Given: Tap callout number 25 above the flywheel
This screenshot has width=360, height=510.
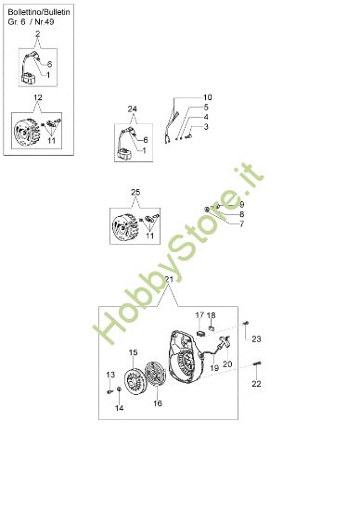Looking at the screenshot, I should [x=135, y=192].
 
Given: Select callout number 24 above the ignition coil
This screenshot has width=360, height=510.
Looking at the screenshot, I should [x=133, y=109].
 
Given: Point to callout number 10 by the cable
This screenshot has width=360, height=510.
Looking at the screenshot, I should [x=207, y=97].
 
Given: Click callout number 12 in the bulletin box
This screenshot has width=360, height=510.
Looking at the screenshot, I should [x=38, y=97].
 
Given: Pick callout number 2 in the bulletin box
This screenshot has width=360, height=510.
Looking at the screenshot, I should [x=38, y=34].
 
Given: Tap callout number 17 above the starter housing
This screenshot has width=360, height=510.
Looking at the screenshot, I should [x=199, y=315].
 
